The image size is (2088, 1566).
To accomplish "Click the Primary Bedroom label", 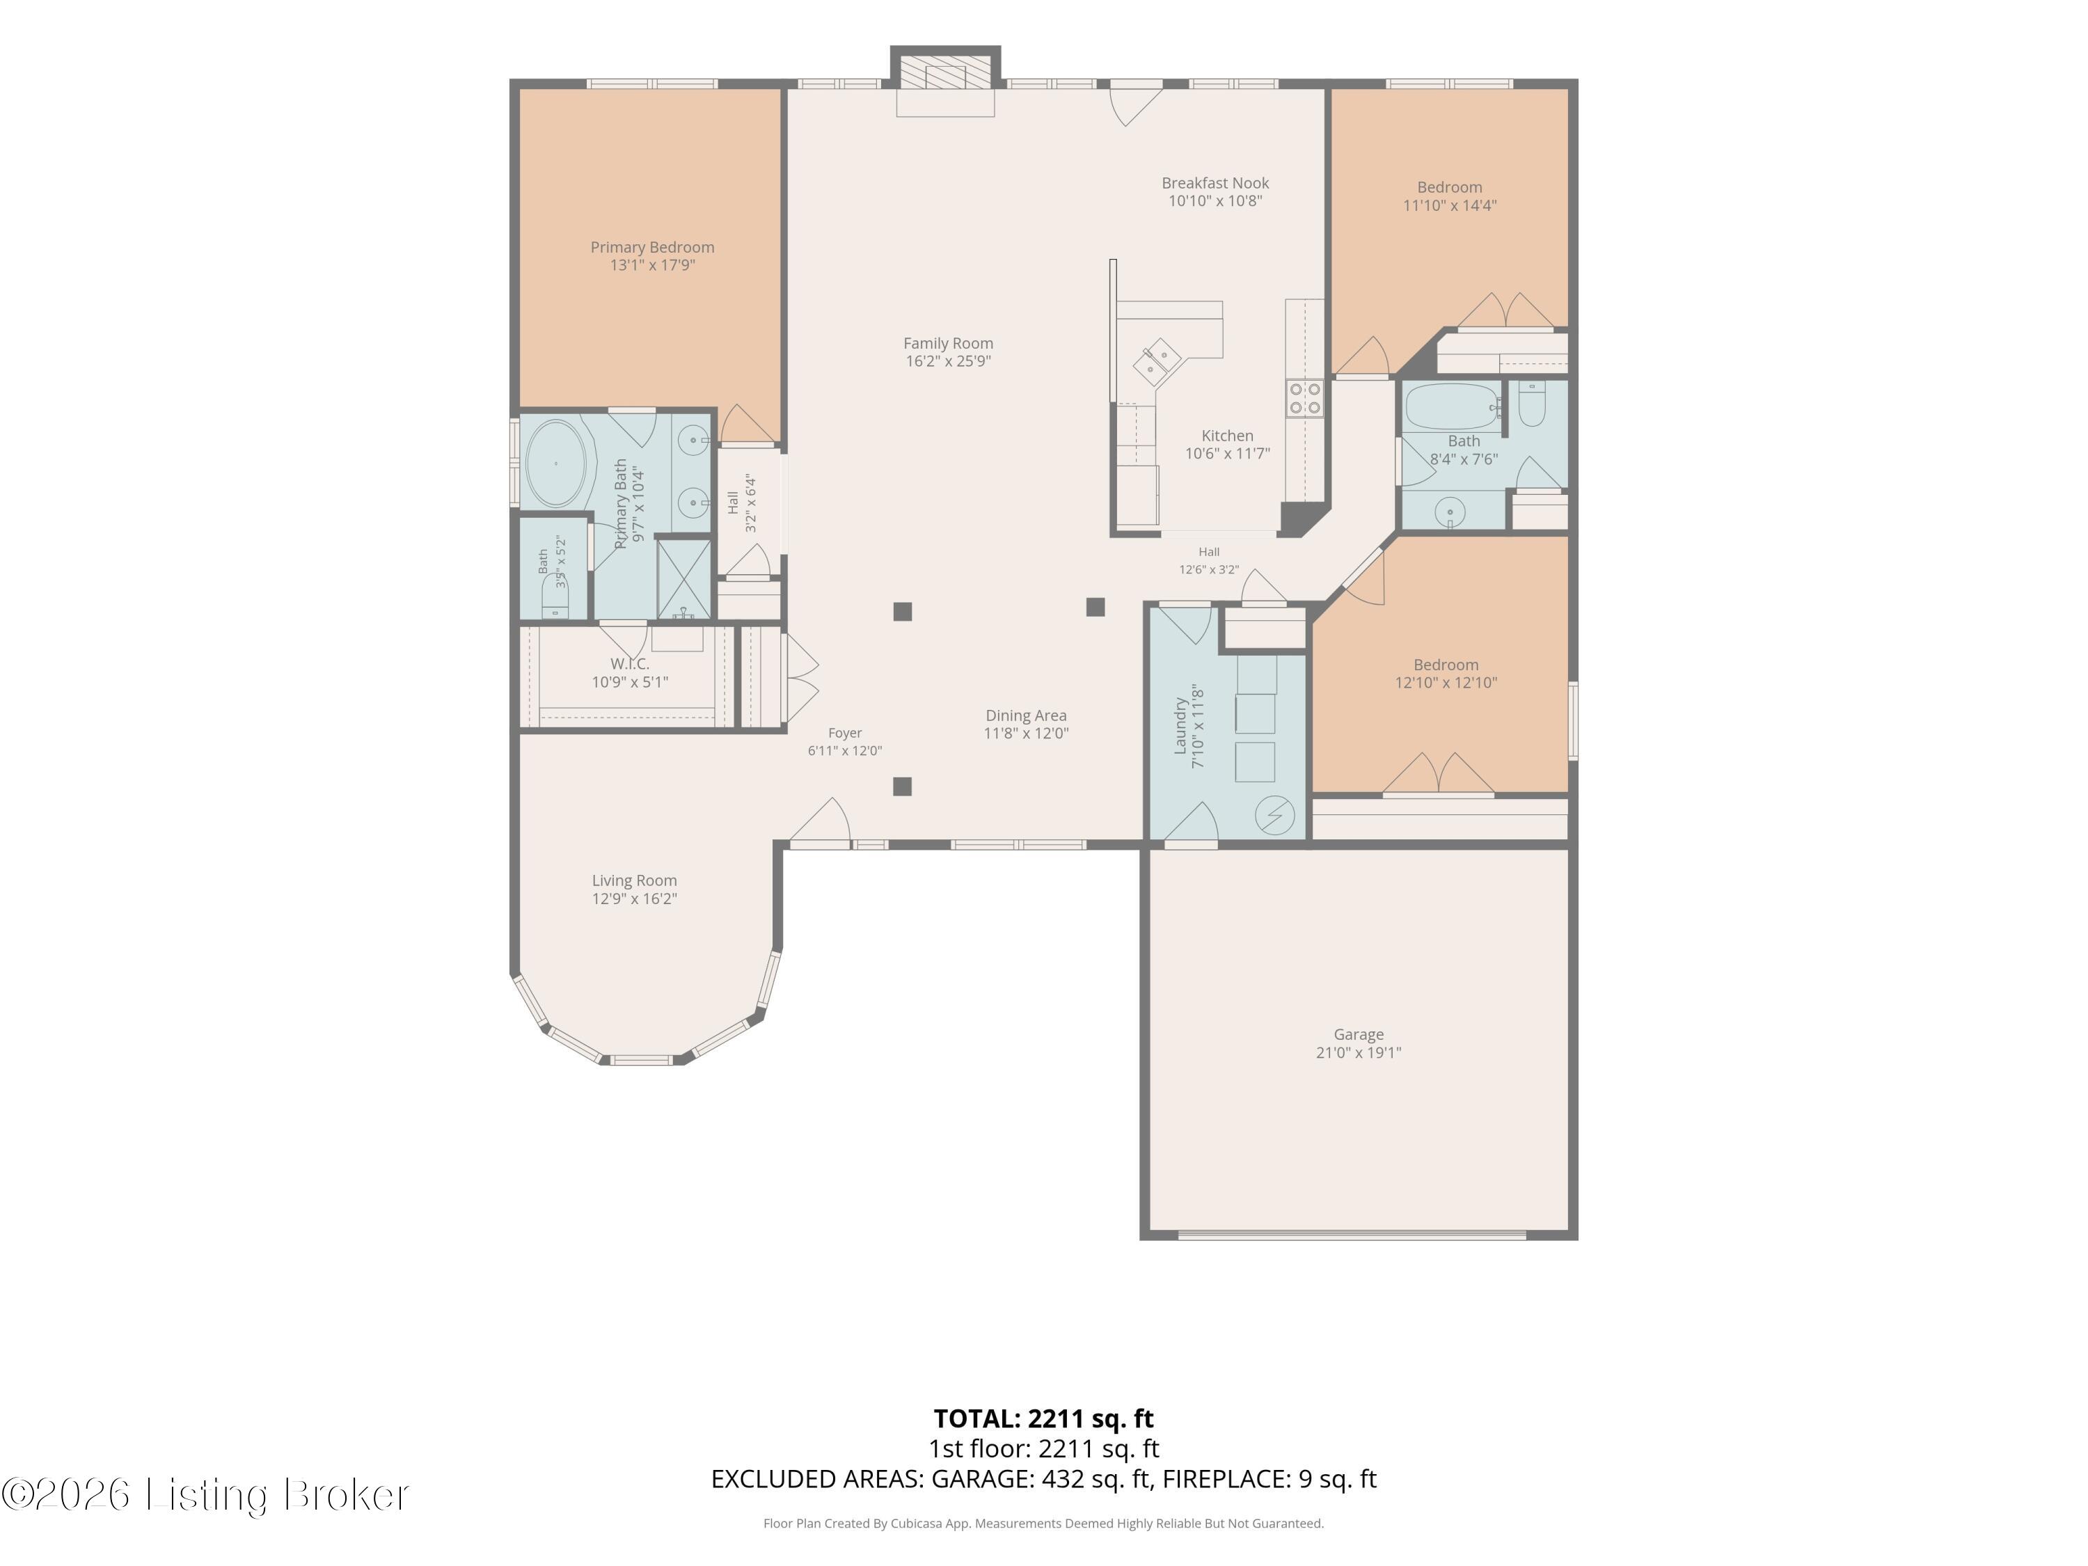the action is coord(652,247).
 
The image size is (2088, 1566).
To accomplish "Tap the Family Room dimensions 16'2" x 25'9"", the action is coord(948,361).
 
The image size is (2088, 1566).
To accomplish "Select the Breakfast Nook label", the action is coord(1215,183).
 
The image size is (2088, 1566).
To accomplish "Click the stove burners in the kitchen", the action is coord(1304,398).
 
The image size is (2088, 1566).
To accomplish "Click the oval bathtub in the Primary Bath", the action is coord(556,464).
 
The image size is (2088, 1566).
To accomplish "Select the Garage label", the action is coord(1359,1034).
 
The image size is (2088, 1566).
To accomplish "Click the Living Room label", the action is coord(634,880).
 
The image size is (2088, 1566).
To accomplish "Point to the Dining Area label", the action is coord(1026,715).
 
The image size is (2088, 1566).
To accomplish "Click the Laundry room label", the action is coord(1180,726).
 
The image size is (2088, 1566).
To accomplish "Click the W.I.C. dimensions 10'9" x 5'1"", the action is coord(630,681).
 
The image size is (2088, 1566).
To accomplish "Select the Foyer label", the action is coord(845,732).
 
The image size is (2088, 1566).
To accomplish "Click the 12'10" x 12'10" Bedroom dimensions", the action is coord(1446,683).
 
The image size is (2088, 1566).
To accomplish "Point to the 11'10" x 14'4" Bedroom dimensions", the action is coord(1450,205).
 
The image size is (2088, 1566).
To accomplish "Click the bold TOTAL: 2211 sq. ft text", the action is coord(1043,1418).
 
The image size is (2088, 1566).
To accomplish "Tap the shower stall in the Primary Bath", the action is coord(683,578).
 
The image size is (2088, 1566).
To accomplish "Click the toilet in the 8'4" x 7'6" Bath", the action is coord(1531,404).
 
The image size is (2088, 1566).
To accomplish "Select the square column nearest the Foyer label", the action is coord(903,786).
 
